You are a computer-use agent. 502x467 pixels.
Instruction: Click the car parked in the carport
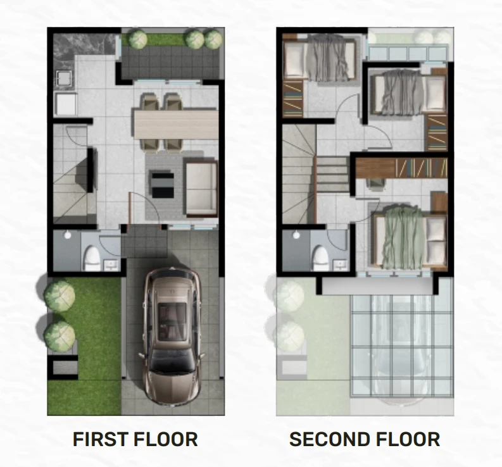point(172,336)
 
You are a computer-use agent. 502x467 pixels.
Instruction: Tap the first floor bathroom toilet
point(92,258)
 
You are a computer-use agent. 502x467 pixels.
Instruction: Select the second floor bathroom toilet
point(321,258)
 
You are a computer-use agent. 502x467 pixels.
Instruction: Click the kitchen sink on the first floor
point(66,79)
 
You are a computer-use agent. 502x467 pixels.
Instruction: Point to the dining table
point(176,124)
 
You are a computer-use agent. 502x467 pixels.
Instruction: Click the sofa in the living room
point(201,188)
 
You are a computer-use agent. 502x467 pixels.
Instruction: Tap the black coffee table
point(163,185)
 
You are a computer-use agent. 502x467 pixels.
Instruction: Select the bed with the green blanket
point(410,239)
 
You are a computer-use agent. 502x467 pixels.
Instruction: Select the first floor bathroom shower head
point(68,235)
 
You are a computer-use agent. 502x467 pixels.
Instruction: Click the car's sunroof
point(172,321)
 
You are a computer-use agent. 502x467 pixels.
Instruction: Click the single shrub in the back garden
point(138,39)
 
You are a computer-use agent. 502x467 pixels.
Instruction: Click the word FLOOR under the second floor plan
point(405,439)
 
